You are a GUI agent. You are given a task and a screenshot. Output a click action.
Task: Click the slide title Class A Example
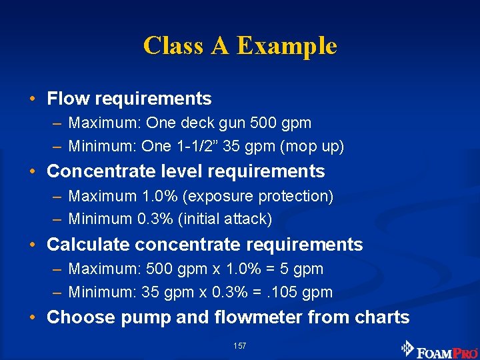[240, 46]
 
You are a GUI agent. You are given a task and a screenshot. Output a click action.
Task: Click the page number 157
[240, 346]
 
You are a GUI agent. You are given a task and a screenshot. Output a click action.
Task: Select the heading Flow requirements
[129, 99]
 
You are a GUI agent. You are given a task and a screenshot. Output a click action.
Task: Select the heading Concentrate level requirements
[185, 171]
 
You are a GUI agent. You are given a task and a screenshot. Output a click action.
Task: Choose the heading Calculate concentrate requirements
[205, 245]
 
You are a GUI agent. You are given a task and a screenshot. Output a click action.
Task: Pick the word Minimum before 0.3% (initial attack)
[98, 219]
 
